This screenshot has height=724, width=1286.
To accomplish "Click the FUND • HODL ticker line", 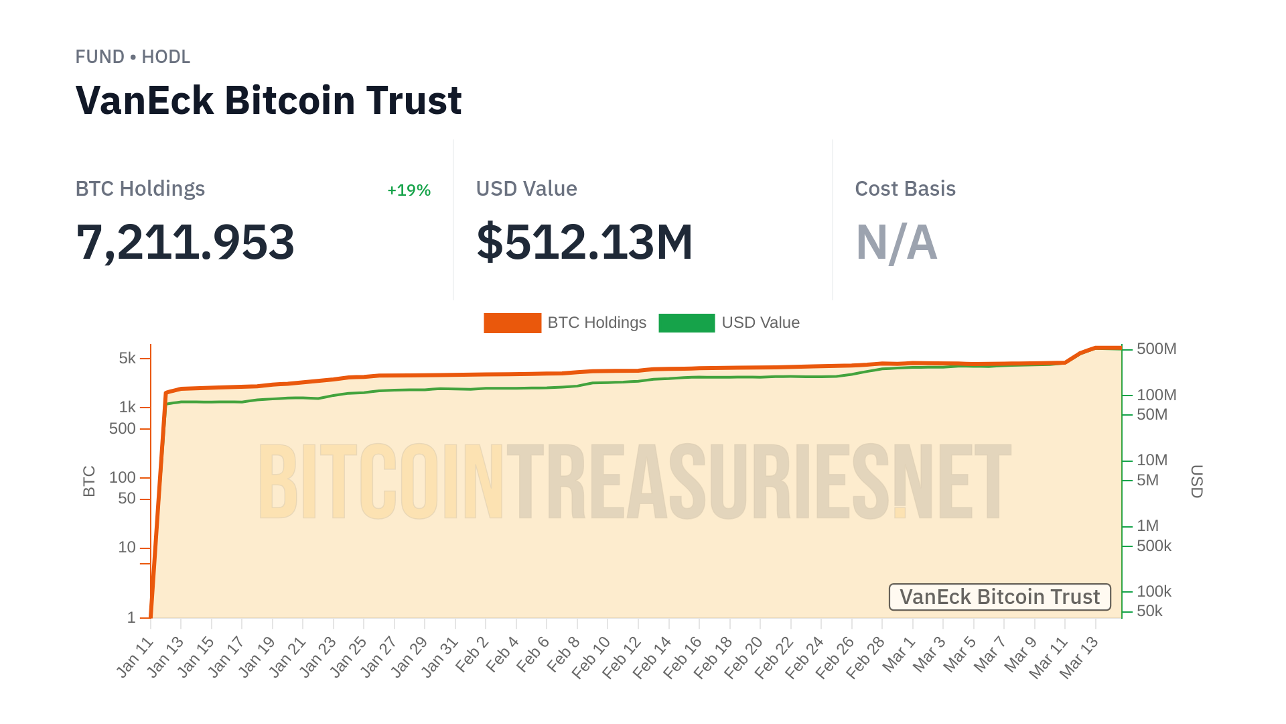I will click(x=133, y=57).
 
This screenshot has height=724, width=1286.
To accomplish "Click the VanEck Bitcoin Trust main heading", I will click(x=269, y=101).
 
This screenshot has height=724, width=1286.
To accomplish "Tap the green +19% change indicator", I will click(x=409, y=190).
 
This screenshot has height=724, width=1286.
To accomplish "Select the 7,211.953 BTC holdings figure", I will click(x=185, y=242).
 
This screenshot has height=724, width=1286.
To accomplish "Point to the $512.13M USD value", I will click(x=584, y=242).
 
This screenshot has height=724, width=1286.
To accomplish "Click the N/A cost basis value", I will click(x=896, y=242).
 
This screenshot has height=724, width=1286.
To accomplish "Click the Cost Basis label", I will click(x=905, y=189).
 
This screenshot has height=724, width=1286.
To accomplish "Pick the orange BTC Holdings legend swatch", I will click(x=512, y=323).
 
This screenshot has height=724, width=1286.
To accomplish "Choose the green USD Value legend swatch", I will click(x=687, y=323).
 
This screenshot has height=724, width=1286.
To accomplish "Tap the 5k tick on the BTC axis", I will click(x=127, y=358).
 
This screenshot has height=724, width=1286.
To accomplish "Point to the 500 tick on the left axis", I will click(x=122, y=428).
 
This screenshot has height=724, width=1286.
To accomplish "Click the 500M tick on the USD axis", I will click(x=1156, y=349).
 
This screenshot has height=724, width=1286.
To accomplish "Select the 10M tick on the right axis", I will click(x=1151, y=460).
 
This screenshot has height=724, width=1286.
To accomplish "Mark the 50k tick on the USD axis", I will click(x=1149, y=611).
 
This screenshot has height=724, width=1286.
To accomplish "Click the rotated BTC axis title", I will click(x=89, y=481).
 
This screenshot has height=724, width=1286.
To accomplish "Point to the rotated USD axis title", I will click(x=1196, y=481).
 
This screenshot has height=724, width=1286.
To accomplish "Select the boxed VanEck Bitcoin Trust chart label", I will click(x=999, y=597).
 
